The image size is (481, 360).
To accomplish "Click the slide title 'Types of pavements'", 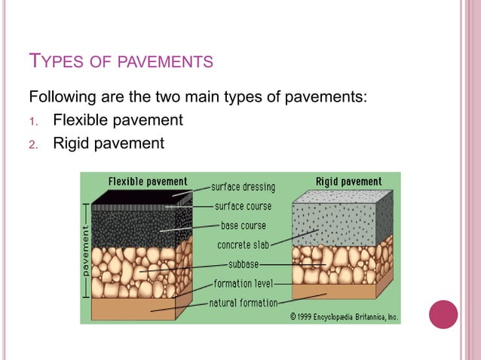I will coord(121,61).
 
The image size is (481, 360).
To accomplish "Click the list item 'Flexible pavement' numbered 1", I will coord(118,120).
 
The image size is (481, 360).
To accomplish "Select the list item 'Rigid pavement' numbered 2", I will coord(108,142).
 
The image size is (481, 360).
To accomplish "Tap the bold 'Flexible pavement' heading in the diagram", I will coord(148,182).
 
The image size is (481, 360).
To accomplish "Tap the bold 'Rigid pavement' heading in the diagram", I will coord(348,182).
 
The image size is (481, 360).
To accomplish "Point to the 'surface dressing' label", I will coord(243,187).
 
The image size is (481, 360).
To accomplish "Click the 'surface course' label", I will coord(243,206).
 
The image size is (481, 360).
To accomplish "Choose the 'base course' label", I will coord(243,225).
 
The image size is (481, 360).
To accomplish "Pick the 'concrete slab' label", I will coord(244,245).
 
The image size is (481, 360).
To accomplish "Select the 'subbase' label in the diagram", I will coord(244,264).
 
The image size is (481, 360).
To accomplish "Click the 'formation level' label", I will coord(243,284).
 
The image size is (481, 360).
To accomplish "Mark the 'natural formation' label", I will coord(243,304).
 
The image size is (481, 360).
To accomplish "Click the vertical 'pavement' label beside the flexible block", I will coord(86,251).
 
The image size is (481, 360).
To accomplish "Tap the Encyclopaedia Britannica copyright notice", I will coord(344,316).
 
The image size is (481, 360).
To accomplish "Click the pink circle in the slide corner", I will coord(443,314).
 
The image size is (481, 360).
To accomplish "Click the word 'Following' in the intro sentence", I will coord(61,97).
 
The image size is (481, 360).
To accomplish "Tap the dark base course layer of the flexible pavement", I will coord(133,226).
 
